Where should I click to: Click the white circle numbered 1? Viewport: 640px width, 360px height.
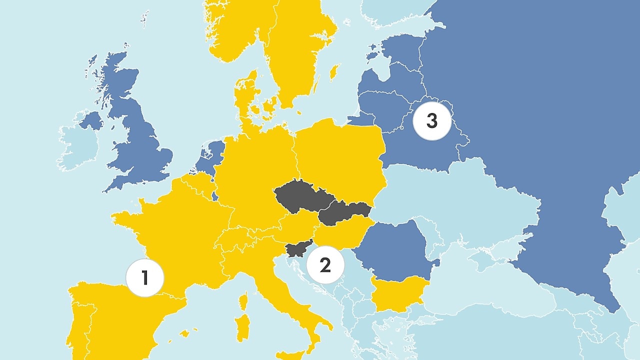(x=145, y=278)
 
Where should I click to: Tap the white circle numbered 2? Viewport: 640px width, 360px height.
(x=325, y=265)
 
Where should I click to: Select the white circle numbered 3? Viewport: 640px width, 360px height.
(x=432, y=121)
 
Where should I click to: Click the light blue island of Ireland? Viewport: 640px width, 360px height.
(x=77, y=148)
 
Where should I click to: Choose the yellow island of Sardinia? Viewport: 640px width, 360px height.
(x=243, y=327)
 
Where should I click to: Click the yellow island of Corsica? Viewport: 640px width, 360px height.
(x=244, y=301)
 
